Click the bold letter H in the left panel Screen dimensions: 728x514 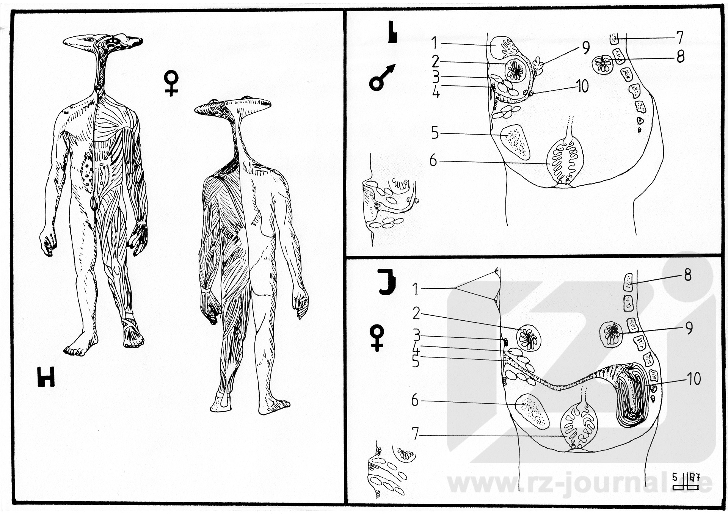[x=46, y=377]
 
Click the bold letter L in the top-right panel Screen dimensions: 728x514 [x=392, y=33]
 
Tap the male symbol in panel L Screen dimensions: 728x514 [x=382, y=78]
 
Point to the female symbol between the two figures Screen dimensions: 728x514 [x=171, y=83]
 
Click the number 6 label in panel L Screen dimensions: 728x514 [x=433, y=161]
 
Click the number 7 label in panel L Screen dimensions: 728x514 [x=679, y=38]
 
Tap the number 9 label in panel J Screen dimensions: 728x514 [x=689, y=328]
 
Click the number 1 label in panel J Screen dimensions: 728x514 [x=416, y=290]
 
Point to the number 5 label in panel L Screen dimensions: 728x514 [x=435, y=133]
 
